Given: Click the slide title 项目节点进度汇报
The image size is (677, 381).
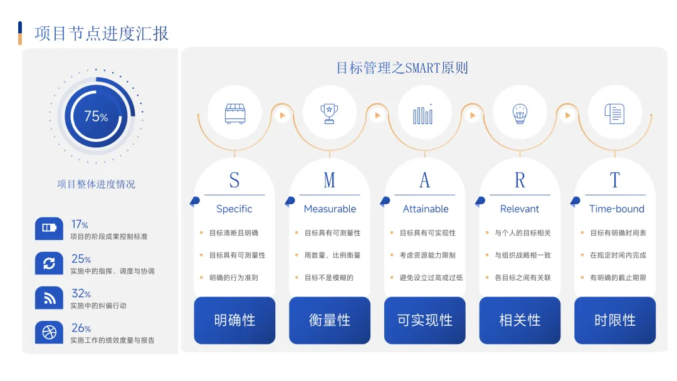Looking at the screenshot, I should pos(102,33).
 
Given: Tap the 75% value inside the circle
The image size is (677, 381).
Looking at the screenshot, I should pos(96,116).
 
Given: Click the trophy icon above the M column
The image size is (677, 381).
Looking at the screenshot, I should pos(329,113).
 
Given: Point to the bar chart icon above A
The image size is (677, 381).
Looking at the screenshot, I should pos(424,113).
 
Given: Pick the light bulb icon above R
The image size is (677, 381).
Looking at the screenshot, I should pos(520,113).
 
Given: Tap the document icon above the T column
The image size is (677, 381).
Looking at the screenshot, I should pos(614,113).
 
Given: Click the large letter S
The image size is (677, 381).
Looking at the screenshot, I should pos(234,180).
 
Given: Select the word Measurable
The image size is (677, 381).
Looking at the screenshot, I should pos(330,209).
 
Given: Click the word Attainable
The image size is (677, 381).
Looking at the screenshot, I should pos(426,209).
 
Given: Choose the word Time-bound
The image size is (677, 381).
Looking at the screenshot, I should pos(617,209).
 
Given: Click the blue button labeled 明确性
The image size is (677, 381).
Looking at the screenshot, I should pos(234,320).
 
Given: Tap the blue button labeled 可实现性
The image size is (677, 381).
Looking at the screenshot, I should pos(425,320).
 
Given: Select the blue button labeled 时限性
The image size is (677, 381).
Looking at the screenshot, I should pos(615,320).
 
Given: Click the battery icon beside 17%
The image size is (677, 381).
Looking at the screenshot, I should pos(49,228).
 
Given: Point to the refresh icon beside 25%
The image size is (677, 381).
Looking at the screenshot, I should pos(49,263).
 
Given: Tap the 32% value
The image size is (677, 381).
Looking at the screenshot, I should pos(81,293).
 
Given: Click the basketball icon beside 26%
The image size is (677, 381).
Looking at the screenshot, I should pos(49,332).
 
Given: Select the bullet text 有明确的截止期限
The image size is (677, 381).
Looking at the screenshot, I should pos(617,278).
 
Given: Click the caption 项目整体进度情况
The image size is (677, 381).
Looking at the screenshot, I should pos(96,184).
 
